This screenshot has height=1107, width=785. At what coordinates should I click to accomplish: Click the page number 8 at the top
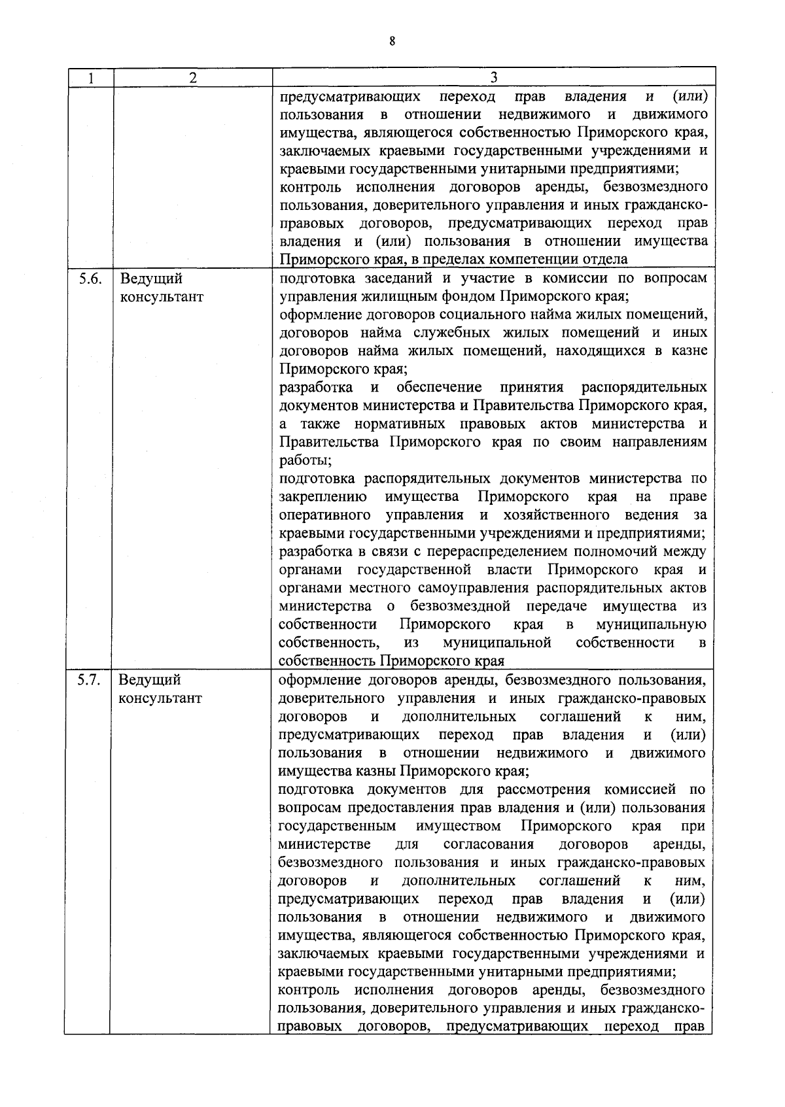pos(392,41)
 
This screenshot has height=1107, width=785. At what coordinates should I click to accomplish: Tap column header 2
pos(192,78)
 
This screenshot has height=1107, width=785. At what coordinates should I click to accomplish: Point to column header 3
pos(494,78)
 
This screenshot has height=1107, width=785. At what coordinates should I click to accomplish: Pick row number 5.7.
pos(89,680)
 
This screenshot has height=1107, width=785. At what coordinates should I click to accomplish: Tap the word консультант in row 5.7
pos(160,698)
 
